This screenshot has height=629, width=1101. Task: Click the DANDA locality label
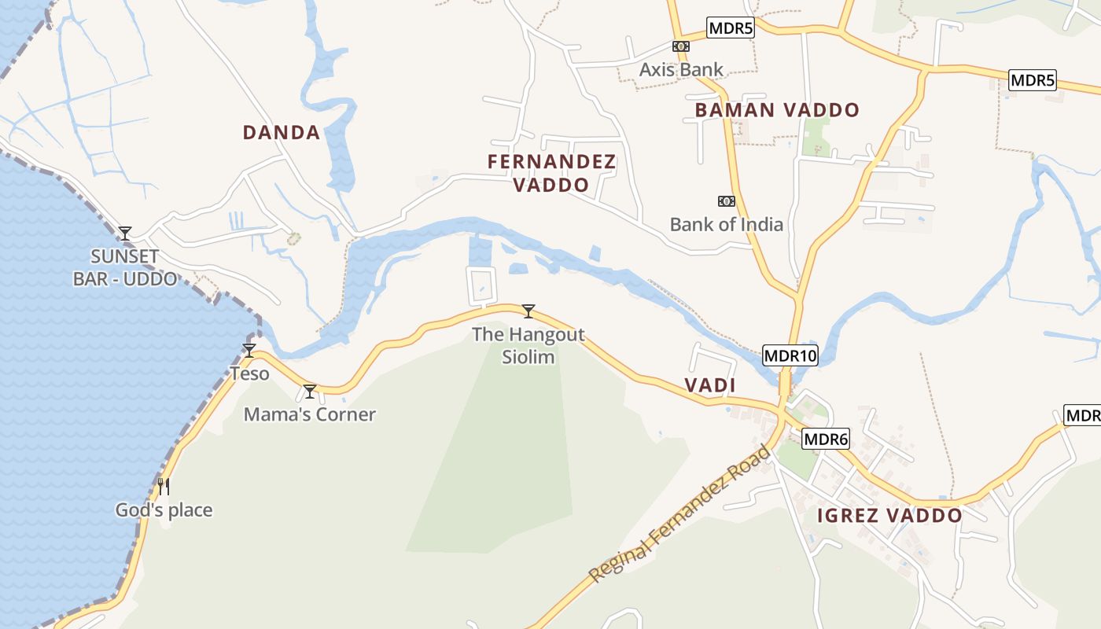281,132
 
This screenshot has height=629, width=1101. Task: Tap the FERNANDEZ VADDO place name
551,173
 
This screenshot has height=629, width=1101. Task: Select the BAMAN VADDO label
777,110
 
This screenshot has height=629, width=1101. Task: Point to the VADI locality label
709,385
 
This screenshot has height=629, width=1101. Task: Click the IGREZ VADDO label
889,516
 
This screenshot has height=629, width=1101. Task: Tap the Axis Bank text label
681,69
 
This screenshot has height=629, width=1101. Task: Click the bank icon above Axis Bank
681,46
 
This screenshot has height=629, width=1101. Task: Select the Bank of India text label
726,224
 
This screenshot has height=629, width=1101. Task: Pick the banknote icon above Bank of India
726,201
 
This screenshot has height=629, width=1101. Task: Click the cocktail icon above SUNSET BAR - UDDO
124,233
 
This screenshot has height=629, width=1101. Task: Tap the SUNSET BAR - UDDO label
124,267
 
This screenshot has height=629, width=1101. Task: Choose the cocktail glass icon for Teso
249,351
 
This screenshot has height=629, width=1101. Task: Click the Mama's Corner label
309,414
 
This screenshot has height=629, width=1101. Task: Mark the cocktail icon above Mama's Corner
310,392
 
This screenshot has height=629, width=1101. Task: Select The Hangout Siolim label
528,345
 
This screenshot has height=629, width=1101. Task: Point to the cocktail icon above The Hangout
528,311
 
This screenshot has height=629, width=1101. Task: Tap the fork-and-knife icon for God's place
164,487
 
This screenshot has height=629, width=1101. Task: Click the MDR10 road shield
790,355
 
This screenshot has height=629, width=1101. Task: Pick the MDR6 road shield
826,440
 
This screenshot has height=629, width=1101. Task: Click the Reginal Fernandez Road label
681,514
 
